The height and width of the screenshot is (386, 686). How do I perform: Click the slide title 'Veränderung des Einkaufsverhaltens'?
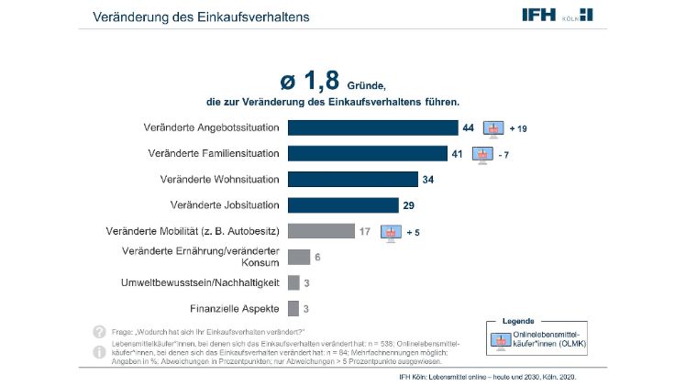[x=200, y=17]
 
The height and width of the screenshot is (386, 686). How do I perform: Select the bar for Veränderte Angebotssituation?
[x=372, y=127]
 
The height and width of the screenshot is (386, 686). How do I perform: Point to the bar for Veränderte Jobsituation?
[x=343, y=204]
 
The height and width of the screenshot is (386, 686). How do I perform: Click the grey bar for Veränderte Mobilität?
[x=321, y=231]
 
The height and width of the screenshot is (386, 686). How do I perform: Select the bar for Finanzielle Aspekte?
[x=293, y=309]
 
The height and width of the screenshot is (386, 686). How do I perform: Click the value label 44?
[x=468, y=127]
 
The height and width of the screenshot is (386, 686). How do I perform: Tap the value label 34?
[x=428, y=179]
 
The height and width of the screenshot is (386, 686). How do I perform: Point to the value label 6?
[x=318, y=257]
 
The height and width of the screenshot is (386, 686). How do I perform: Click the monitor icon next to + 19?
[x=494, y=127]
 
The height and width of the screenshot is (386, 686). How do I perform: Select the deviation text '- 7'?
[x=503, y=153]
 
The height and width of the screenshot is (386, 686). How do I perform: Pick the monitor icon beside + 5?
[x=391, y=231]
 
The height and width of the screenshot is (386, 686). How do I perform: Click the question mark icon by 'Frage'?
[x=99, y=331]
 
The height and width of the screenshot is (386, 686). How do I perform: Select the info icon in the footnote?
[x=99, y=351]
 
